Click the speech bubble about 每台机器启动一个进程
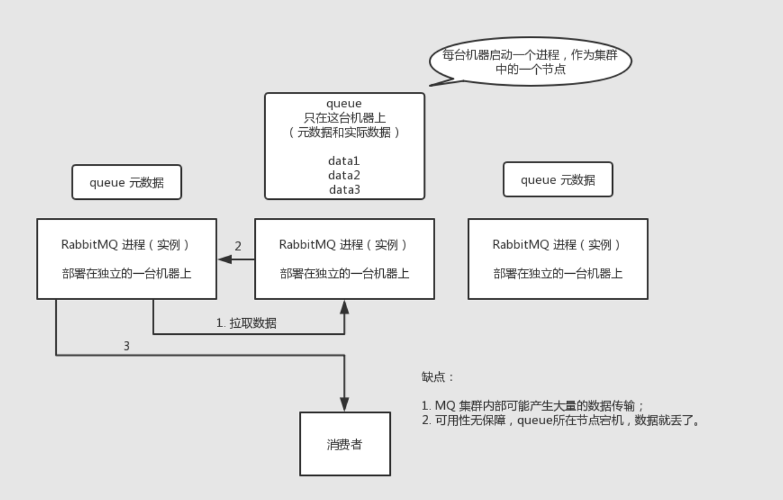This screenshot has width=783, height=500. [529, 64]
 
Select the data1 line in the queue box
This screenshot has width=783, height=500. [344, 161]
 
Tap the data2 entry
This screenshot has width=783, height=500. [344, 175]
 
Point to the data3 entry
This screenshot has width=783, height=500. [344, 190]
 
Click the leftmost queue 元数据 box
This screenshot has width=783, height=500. [126, 182]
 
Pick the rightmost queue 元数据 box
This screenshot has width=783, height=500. [558, 179]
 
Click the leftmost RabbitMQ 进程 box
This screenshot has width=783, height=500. [126, 259]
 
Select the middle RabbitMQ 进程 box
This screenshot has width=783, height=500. [344, 259]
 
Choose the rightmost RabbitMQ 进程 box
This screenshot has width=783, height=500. [558, 259]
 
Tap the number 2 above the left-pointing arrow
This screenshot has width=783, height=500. [238, 245]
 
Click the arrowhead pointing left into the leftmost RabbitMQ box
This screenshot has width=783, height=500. [224, 259]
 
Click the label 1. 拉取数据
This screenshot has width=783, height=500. [246, 323]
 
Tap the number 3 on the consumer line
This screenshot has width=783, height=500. [126, 346]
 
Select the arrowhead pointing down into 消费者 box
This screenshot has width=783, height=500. [345, 404]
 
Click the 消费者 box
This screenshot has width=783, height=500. [345, 444]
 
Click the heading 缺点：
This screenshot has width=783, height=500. [438, 378]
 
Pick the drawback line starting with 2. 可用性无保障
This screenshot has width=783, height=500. [561, 420]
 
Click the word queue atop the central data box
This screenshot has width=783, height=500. [344, 104]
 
